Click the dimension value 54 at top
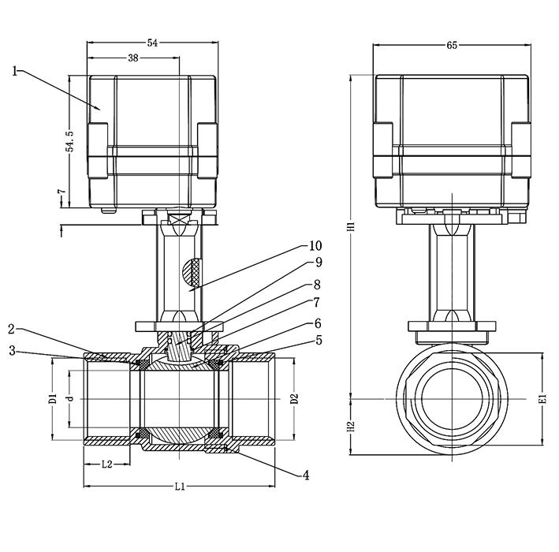tap(152, 43)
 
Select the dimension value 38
tap(132, 58)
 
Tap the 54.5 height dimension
tap(69, 140)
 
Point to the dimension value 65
tap(452, 46)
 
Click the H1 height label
tap(352, 226)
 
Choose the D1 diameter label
tap(53, 398)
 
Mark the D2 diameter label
tap(294, 398)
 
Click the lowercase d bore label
tap(70, 399)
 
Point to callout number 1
tap(15, 70)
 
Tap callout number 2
tap(13, 329)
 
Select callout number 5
tap(318, 341)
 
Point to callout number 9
tap(318, 263)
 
